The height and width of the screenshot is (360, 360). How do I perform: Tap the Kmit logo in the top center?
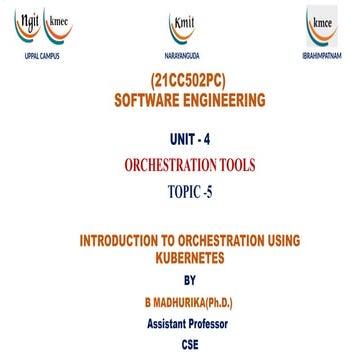pos(180,28)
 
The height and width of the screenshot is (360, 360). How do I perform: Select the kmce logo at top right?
pos(321,28)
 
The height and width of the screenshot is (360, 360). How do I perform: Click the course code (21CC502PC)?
pos(180,84)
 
